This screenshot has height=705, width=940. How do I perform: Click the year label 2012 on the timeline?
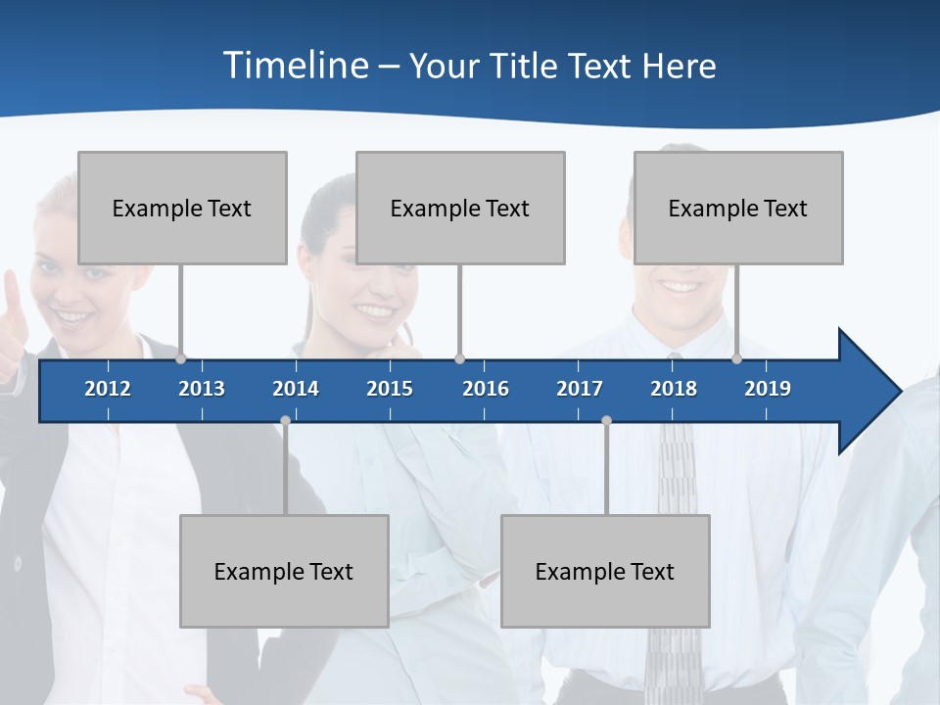point(108,389)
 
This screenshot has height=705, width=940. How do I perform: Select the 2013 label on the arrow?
point(202,389)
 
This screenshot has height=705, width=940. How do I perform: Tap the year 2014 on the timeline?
point(296,389)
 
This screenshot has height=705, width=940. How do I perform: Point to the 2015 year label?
point(390,389)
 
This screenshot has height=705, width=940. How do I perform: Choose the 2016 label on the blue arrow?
point(486,389)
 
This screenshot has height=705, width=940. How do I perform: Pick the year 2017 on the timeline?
point(580,389)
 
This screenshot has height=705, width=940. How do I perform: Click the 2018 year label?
point(674,389)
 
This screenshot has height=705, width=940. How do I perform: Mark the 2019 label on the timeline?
point(768,389)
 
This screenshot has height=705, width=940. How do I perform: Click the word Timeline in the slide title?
point(295,66)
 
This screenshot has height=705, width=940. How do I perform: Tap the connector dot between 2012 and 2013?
point(181,359)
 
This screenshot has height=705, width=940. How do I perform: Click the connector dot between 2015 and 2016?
point(459,359)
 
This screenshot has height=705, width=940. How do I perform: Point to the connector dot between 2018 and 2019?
point(737,359)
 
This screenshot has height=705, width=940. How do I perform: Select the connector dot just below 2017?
point(606,421)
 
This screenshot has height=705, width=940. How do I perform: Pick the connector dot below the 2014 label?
point(285,421)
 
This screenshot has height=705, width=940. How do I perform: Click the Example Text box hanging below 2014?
point(284,571)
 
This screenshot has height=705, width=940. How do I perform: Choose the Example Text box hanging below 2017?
point(605,571)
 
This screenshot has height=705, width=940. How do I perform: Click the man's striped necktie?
point(676,490)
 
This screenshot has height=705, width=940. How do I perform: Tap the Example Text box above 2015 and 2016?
point(460,208)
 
